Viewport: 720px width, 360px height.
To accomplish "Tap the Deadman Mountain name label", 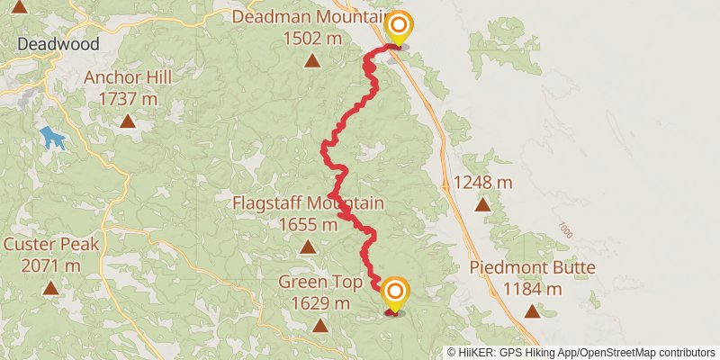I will pos(310,17).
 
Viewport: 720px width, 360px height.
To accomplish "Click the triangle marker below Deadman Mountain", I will pos(311,61).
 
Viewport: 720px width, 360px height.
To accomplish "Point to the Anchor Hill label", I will pos(127,77).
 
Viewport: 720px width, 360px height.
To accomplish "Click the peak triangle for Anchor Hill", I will pos(128,120).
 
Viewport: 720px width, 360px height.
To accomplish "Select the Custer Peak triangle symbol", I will pos(50,288).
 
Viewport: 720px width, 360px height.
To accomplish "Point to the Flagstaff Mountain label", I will pos(308,203).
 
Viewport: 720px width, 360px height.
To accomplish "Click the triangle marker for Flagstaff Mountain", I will pos(308,247).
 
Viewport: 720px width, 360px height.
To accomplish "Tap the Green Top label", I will pos(319,282).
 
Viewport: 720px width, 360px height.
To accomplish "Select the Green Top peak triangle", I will pos(319,324).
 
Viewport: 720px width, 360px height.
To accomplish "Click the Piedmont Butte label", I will pos(532,268).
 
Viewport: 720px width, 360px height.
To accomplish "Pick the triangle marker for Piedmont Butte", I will pos(532,311).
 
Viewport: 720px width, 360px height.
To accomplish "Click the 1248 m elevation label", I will pos(482,183).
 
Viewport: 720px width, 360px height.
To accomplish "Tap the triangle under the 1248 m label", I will pos(482,205).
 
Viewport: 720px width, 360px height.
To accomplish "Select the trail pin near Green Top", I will pos(394,294).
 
